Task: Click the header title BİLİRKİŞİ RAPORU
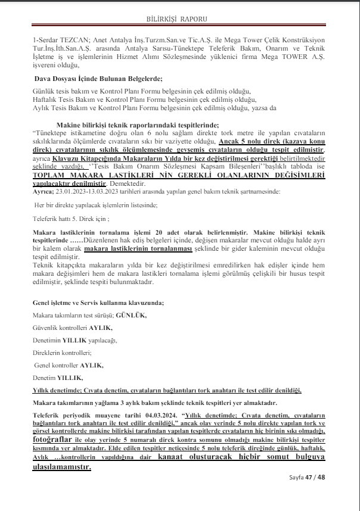179,18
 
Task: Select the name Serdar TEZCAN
59,40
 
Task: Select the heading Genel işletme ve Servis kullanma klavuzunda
98,303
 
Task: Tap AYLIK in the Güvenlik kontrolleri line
101,328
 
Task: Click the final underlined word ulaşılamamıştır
61,467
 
